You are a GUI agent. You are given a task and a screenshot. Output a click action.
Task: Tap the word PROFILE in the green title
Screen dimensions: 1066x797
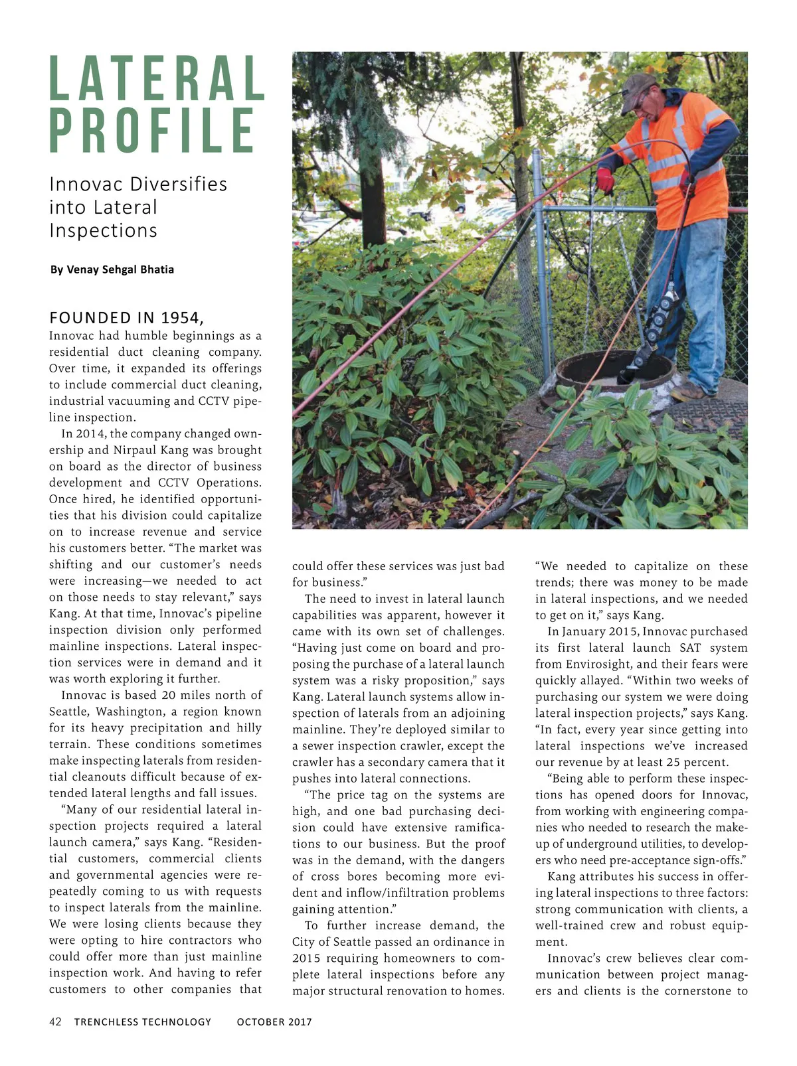click(152, 130)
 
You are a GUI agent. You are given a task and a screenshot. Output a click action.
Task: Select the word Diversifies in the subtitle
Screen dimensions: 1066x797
click(179, 184)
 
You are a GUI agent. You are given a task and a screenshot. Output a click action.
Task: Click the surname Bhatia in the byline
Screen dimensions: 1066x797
click(157, 269)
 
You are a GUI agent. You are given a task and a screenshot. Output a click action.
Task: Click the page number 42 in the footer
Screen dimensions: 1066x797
click(56, 1022)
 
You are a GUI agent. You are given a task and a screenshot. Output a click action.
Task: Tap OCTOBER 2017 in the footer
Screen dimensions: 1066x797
click(274, 1022)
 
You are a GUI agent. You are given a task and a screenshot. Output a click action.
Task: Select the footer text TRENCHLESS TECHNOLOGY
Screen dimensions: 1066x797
click(143, 1022)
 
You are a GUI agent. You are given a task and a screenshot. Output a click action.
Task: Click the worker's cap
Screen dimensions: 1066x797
click(638, 84)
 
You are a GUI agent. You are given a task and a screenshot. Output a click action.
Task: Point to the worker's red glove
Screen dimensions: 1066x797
click(605, 180)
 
